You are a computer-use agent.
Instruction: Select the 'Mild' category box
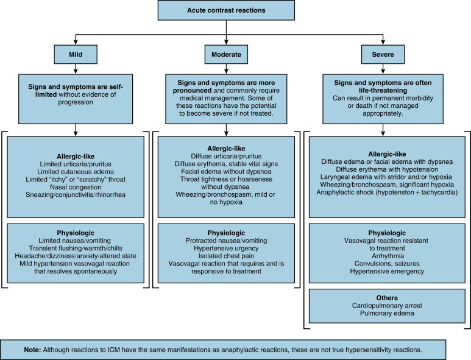(74, 55)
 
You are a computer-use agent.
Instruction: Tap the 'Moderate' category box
(227, 55)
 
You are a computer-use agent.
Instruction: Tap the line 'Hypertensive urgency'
(227, 249)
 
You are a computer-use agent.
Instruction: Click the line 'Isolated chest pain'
(227, 257)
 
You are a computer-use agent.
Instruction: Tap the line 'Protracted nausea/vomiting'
(227, 241)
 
